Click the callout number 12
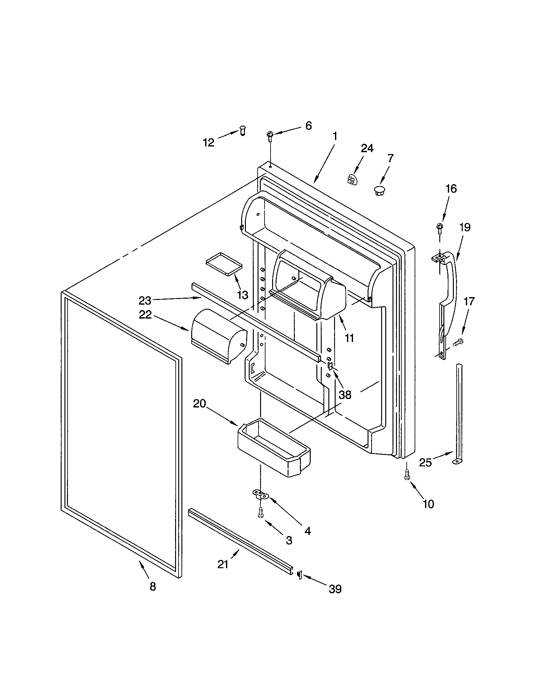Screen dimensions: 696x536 209,142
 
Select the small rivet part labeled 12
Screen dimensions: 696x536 243,131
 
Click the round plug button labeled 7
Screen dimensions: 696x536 379,191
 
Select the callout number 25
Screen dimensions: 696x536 425,463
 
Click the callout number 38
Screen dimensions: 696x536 345,395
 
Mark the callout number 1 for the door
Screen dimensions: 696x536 334,136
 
